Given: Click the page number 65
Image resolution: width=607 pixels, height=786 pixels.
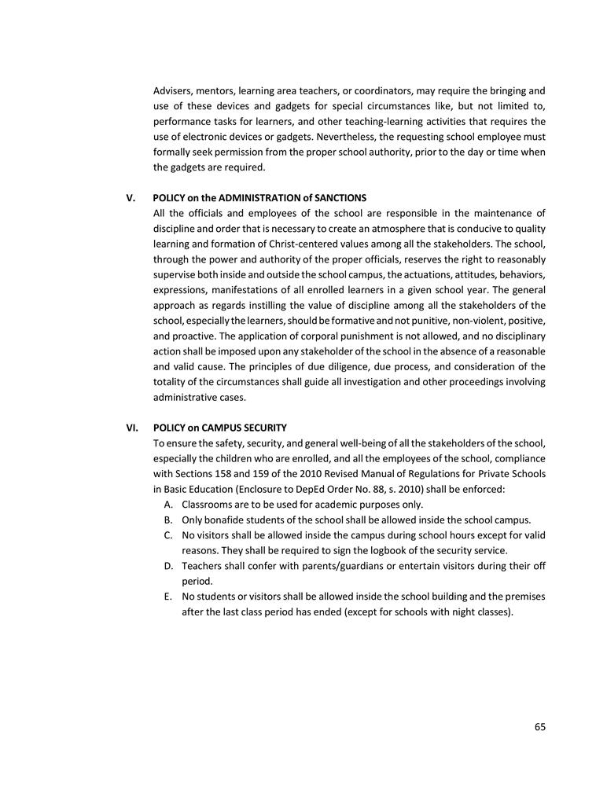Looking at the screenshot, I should (x=539, y=727).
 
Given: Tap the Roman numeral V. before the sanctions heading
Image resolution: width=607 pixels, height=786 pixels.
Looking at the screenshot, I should (x=131, y=197).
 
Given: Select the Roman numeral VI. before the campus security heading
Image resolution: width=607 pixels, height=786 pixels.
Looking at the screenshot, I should (x=133, y=428).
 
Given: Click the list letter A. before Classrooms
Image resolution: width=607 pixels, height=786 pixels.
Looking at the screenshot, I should (x=169, y=505).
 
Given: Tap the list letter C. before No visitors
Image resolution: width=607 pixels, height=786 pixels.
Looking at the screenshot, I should (x=169, y=535).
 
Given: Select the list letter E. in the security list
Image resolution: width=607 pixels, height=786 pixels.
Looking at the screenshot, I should (x=168, y=597).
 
